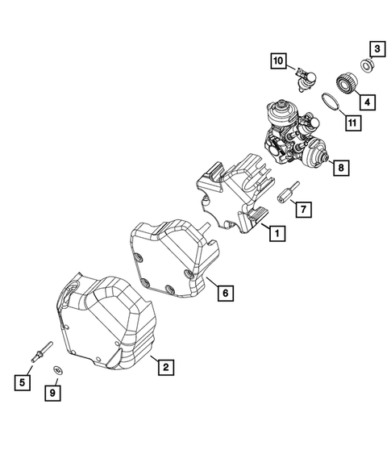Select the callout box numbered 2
pyautogui.click(x=164, y=368)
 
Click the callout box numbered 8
pyautogui.click(x=342, y=168)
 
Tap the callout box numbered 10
pyautogui.click(x=277, y=61)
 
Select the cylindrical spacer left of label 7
pyautogui.click(x=286, y=194)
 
